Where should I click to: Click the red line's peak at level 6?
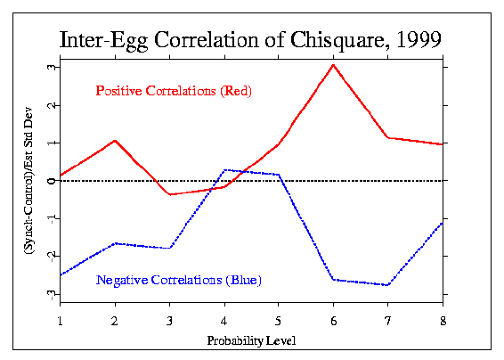click(334, 64)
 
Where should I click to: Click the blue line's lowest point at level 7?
click(388, 285)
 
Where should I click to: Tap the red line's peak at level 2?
click(116, 140)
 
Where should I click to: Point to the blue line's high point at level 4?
click(224, 169)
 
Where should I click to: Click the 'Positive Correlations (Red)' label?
click(174, 91)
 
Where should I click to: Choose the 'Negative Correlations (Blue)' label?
click(178, 281)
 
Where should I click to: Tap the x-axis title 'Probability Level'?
click(251, 340)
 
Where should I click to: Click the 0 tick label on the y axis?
click(52, 180)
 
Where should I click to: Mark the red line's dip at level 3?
click(170, 194)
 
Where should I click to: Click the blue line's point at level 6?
click(334, 280)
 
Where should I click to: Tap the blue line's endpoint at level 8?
click(443, 222)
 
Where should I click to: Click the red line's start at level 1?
click(61, 176)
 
